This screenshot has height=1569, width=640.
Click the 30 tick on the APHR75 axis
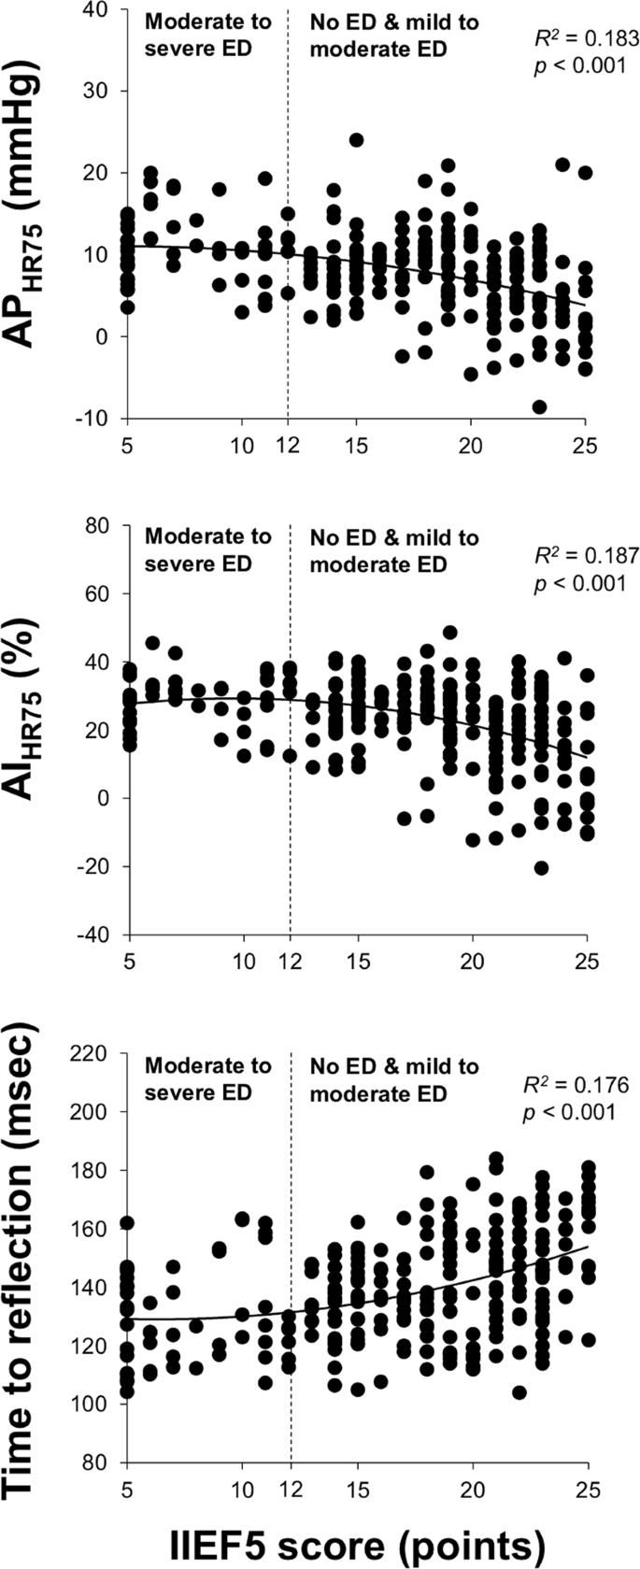click(x=102, y=92)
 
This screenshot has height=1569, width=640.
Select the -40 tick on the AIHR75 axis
click(x=98, y=934)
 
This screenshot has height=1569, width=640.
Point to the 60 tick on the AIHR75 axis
click(x=102, y=593)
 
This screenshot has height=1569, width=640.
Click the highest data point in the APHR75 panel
click(x=356, y=140)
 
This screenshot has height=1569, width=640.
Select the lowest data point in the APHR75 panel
click(x=539, y=407)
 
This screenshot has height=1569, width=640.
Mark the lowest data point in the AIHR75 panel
click(x=541, y=868)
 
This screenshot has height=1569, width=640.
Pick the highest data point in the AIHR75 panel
click(x=449, y=633)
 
